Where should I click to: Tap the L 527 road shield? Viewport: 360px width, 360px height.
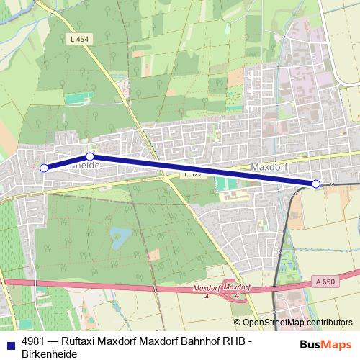(192, 175)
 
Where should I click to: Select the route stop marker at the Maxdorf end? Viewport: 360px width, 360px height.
(316, 184)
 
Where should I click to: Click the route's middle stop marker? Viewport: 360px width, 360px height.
(90, 156)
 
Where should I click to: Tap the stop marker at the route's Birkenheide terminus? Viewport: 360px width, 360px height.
(44, 168)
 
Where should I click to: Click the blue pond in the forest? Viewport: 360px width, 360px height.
(120, 235)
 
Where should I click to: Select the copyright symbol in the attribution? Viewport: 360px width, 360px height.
(237, 323)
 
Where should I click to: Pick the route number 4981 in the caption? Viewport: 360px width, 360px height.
(32, 341)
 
